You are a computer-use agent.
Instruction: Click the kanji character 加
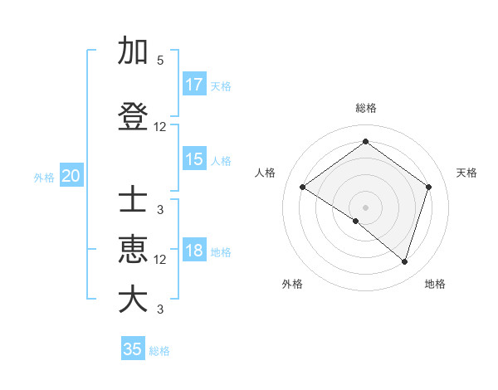click(133, 51)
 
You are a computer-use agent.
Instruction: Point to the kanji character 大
click(133, 299)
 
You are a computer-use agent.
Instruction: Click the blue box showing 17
click(194, 85)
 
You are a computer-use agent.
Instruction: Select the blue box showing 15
click(194, 159)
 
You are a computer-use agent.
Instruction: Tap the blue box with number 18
click(194, 251)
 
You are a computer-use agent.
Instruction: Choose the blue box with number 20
click(71, 176)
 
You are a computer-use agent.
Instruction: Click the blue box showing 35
click(133, 349)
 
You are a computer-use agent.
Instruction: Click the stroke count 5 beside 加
click(160, 61)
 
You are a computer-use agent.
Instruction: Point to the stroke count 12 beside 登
click(160, 127)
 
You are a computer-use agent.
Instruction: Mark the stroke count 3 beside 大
click(160, 310)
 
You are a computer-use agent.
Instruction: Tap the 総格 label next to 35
click(159, 351)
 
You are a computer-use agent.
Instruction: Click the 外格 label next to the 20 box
click(44, 178)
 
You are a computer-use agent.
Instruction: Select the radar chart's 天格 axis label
click(466, 173)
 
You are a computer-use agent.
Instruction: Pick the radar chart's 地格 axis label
click(435, 284)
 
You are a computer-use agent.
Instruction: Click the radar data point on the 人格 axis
click(303, 188)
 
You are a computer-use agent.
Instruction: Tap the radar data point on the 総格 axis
click(365, 142)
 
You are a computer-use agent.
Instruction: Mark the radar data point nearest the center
click(356, 221)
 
